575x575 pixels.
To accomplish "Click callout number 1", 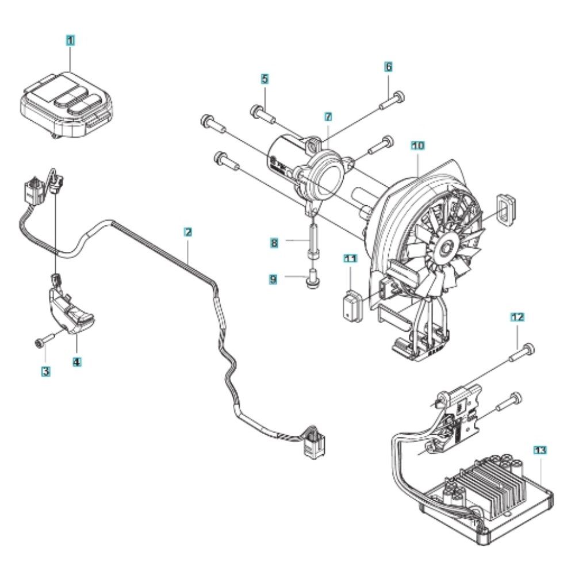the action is [70, 40].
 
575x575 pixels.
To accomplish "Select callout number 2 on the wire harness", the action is [188, 232].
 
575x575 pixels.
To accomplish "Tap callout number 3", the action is [45, 371].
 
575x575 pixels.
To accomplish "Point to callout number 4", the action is [76, 362].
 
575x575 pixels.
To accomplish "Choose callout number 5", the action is [264, 79].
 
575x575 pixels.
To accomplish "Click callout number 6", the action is [388, 67].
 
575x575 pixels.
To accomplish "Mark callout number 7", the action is [328, 117].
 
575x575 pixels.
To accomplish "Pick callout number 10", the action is [418, 145].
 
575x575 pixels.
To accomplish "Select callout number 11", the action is [351, 259].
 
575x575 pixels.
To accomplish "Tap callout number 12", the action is [517, 317].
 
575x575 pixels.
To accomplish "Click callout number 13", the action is [540, 450].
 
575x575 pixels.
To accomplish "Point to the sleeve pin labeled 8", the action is [313, 244].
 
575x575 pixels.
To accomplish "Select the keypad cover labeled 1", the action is [66, 105].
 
